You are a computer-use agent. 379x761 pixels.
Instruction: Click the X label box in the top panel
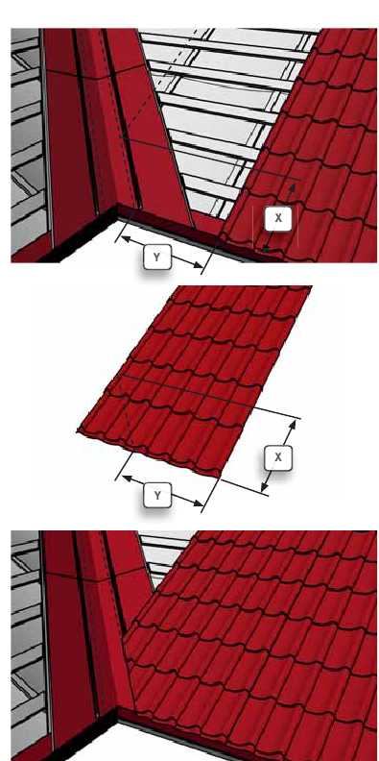[278, 218]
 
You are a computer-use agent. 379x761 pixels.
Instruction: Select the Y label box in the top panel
[157, 258]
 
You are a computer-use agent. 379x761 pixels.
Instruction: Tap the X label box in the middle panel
[278, 457]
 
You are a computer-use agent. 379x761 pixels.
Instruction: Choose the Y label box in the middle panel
[157, 495]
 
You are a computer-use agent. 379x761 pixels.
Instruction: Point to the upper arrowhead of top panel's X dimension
[293, 187]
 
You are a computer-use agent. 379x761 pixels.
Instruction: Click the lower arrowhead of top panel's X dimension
[265, 250]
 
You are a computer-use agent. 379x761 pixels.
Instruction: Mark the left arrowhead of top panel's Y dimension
[125, 238]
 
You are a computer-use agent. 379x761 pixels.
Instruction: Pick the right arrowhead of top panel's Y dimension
[198, 265]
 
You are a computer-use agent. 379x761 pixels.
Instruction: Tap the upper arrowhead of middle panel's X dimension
[293, 424]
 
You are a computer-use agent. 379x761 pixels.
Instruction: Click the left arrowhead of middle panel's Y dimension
[127, 479]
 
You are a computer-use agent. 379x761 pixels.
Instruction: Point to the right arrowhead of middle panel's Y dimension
[198, 503]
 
